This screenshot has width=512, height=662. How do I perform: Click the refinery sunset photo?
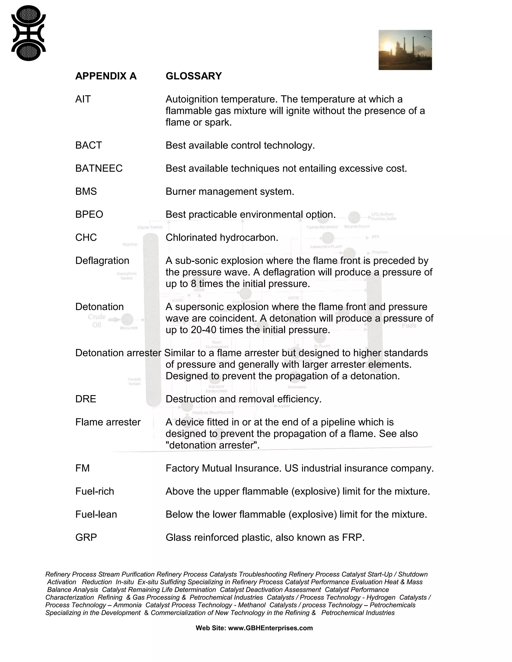405,50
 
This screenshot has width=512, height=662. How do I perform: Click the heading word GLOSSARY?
193,76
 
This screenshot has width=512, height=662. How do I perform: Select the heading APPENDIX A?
106,76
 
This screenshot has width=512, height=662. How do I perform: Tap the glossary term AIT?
83,99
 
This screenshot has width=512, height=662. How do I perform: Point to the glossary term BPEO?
89,215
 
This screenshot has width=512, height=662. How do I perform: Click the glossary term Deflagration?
102,261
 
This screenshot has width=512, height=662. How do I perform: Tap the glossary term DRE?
85,399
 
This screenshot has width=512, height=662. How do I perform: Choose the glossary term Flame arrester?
108,422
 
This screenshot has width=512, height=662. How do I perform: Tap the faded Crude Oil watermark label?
96,321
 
